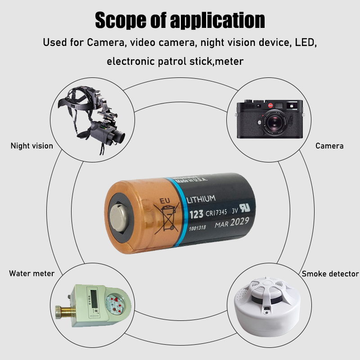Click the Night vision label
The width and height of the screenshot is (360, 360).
coord(31,146)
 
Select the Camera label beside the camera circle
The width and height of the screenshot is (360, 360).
coord(329,146)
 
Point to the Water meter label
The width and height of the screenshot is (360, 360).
coord(31,274)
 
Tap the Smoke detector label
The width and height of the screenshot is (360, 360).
coord(330,274)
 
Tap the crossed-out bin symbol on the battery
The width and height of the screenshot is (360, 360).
coord(166,215)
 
